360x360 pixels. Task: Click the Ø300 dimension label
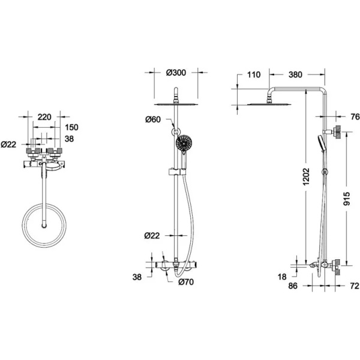(176, 73)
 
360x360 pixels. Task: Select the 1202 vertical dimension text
(306, 176)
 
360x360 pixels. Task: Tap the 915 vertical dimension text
(346, 199)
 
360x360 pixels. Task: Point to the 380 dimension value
(295, 75)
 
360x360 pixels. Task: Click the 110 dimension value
(254, 75)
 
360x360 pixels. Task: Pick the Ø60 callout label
(153, 119)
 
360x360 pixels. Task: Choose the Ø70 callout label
(186, 282)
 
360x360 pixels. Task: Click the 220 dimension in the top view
(44, 117)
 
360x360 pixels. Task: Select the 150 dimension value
(71, 127)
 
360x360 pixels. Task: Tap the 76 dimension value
(355, 117)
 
